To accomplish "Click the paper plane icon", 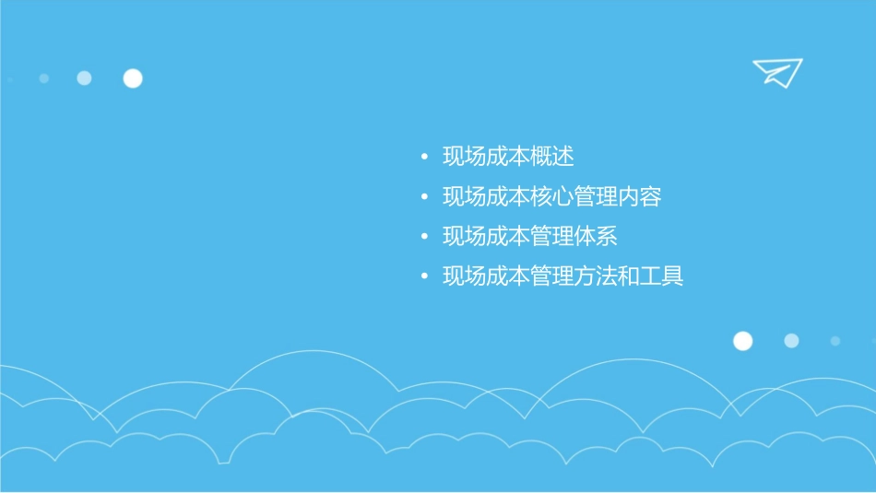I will tap(776, 72).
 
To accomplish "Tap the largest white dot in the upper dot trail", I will tap(133, 78).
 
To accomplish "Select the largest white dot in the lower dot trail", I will tap(742, 341).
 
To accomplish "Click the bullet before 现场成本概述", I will tap(424, 158).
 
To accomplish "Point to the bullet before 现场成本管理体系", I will tap(424, 238).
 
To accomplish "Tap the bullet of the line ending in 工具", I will tap(424, 277).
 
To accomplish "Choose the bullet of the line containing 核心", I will tap(424, 197).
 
